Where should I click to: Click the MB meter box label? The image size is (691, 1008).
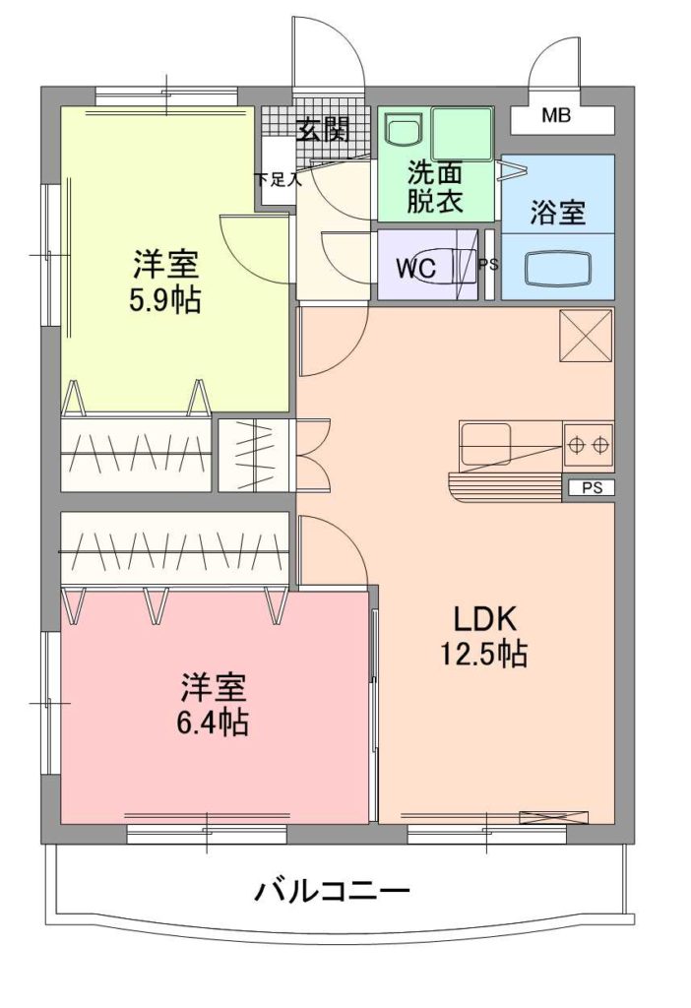coord(556,116)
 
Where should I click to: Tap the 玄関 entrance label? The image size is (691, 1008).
coord(323,131)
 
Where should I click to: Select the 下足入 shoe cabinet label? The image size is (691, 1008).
coord(278,179)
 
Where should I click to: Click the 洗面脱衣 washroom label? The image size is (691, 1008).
coord(435,187)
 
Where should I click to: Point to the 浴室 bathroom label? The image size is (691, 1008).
coord(557,213)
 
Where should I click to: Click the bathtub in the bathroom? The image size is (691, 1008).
coord(557,268)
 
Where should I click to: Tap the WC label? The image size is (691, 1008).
coord(416,268)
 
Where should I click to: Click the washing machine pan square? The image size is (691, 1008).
coord(463,133)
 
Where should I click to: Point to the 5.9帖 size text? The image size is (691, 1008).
coord(165,299)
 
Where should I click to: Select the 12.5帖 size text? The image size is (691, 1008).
coord(483,654)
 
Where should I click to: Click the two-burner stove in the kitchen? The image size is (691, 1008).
coord(589,444)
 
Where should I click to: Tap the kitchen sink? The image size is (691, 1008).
coord(485,444)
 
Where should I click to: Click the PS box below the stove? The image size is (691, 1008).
coord(592,488)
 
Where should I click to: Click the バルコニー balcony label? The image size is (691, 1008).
coord(333,892)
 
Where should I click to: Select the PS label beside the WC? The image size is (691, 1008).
coord(489,264)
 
